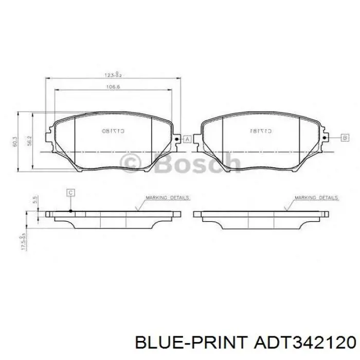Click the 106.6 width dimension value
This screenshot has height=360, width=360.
[x=113, y=87]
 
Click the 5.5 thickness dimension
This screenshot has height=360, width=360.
[x=34, y=200]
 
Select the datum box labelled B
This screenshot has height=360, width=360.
[x=345, y=137]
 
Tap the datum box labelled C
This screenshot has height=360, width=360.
[x=70, y=192]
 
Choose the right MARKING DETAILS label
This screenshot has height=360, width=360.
[x=316, y=197]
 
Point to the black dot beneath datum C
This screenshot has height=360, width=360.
[x=70, y=210]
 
